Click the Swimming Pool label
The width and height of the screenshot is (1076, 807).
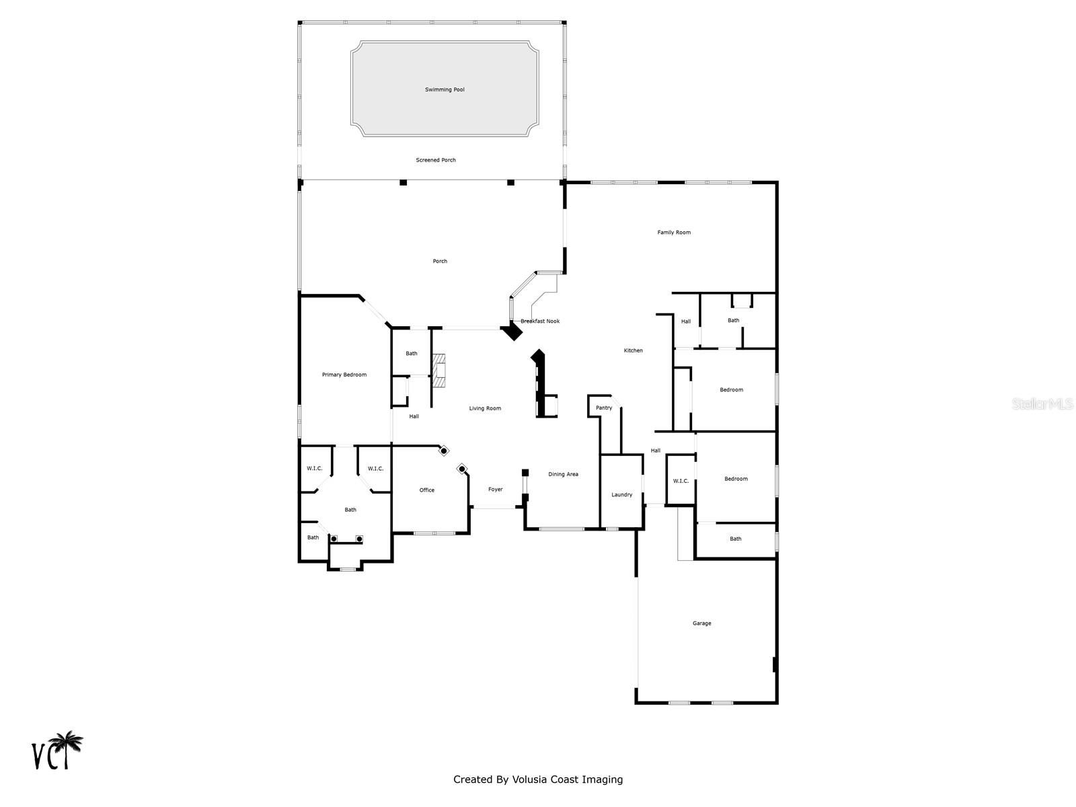click(x=444, y=89)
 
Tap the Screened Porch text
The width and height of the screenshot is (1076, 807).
click(x=435, y=160)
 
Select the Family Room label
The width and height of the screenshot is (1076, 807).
click(x=674, y=233)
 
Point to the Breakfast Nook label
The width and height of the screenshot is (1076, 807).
click(x=540, y=321)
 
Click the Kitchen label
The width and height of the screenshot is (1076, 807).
click(x=633, y=351)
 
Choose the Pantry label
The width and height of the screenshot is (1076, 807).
click(x=603, y=408)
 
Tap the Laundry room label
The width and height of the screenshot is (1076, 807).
click(x=621, y=495)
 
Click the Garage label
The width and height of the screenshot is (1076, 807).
click(x=701, y=624)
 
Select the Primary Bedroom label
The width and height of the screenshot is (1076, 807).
click(x=344, y=375)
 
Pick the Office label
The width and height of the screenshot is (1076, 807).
click(x=426, y=490)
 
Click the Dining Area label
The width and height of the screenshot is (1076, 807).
click(x=563, y=474)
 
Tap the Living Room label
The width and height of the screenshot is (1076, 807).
click(x=485, y=409)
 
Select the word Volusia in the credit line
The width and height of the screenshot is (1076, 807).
click(x=529, y=779)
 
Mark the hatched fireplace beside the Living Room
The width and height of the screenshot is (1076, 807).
click(x=438, y=371)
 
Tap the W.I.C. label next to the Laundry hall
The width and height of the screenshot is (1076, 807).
click(x=681, y=481)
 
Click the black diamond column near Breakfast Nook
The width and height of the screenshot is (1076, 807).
click(x=512, y=331)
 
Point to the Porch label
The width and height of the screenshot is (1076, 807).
click(x=440, y=262)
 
